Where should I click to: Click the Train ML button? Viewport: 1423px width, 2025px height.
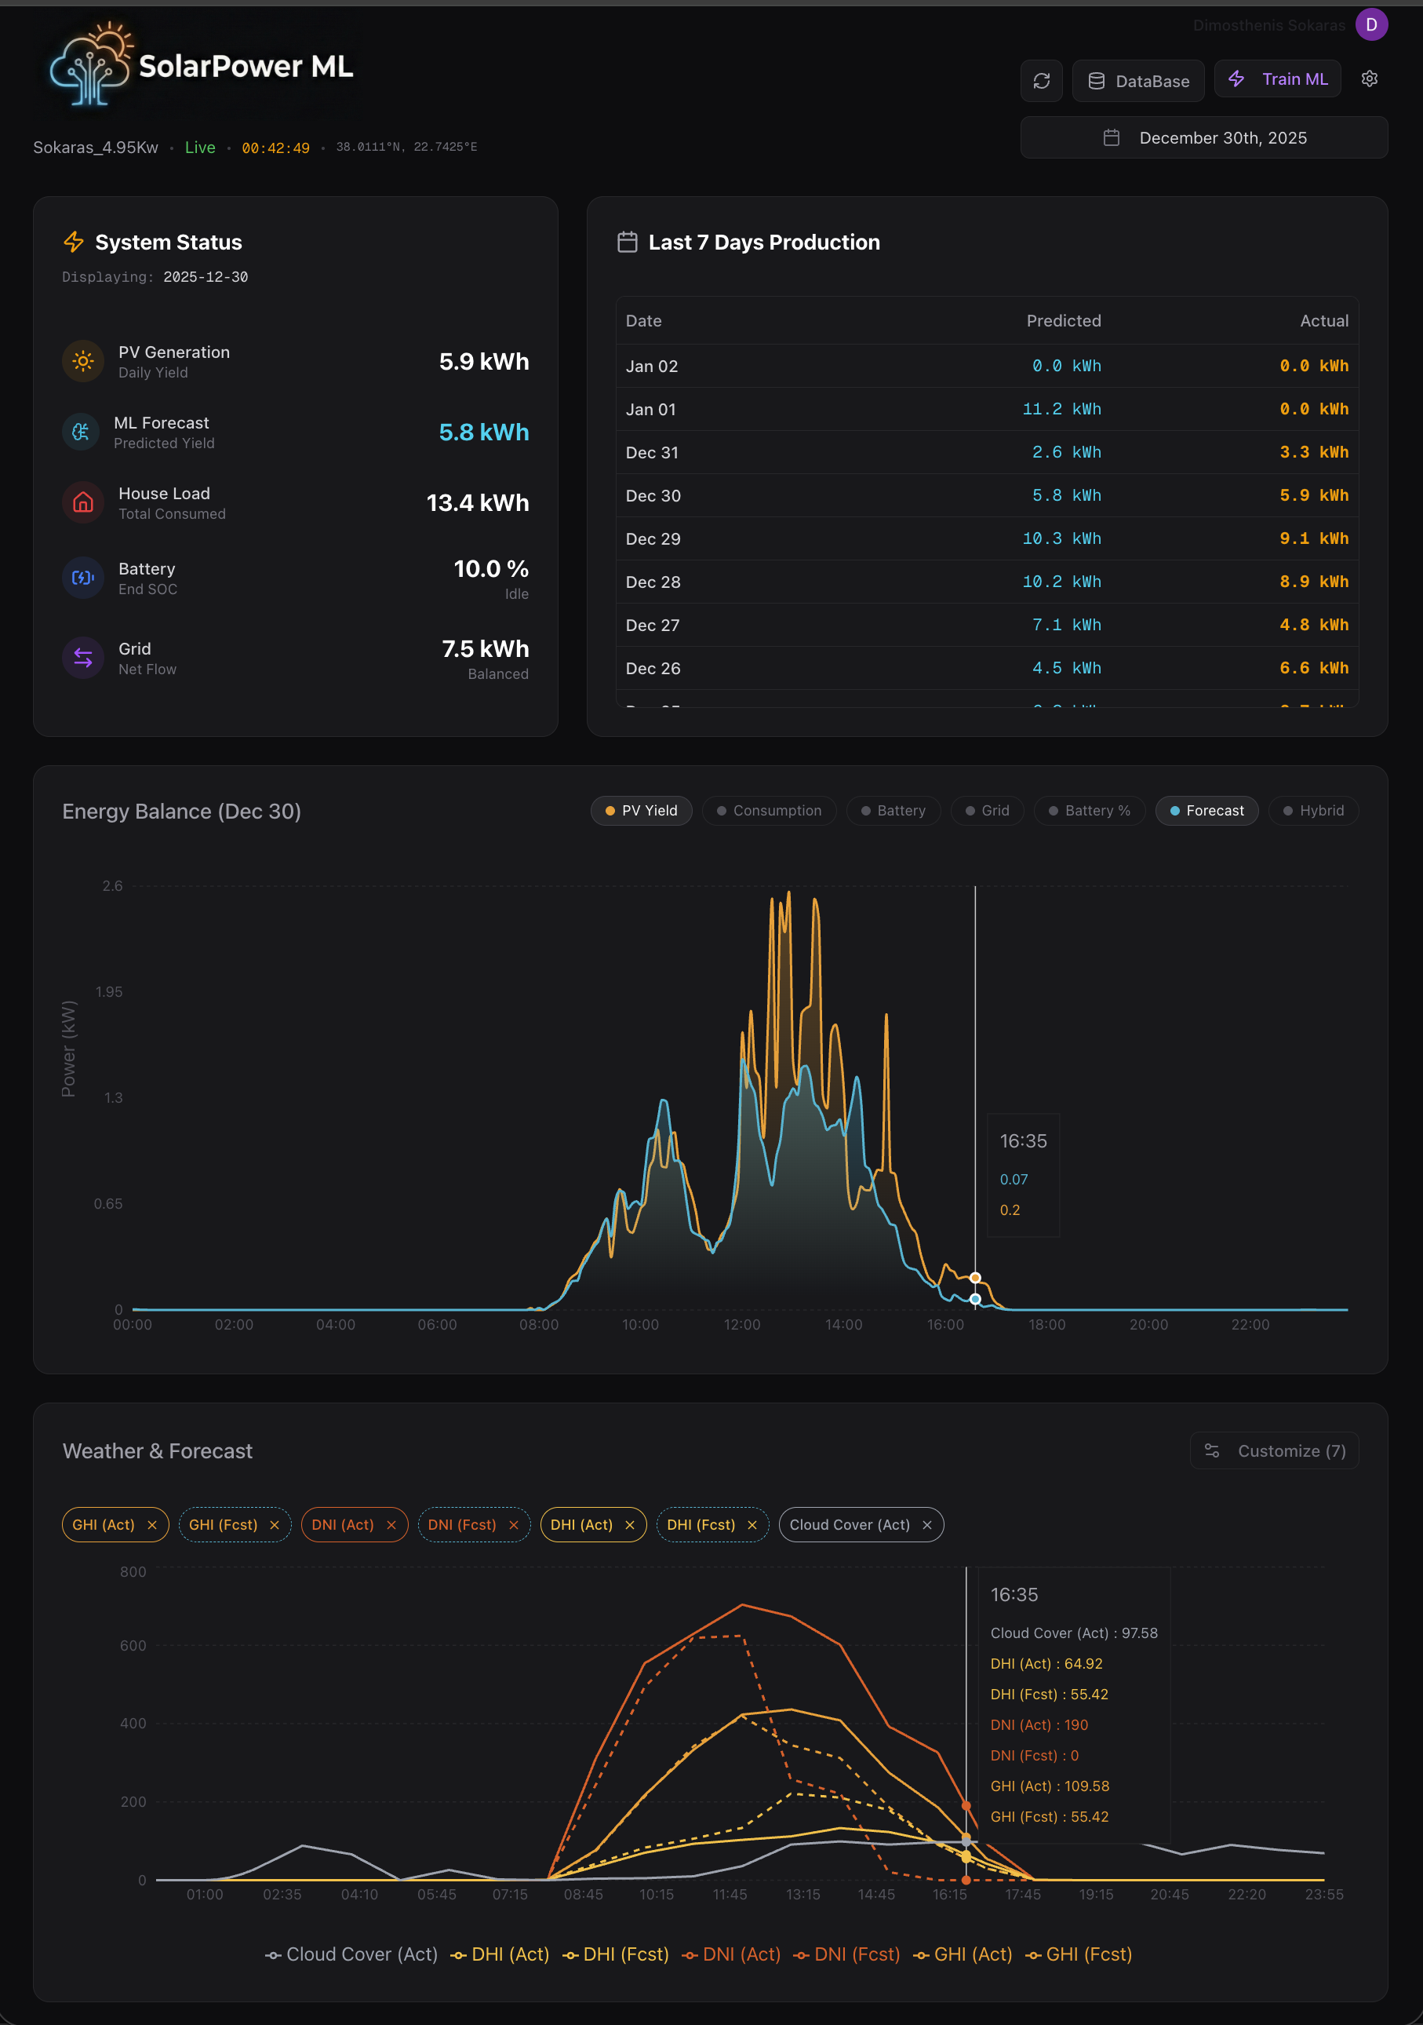1278,79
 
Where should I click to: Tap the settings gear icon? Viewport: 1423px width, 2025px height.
1368,79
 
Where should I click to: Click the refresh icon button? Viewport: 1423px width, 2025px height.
1041,81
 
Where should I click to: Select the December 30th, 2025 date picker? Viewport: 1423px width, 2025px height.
1203,137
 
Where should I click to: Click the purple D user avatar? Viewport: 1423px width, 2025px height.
1371,24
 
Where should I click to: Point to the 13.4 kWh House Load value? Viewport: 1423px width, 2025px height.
477,503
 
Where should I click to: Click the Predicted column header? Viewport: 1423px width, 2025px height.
1063,321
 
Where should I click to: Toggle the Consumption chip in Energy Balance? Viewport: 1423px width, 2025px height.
769,811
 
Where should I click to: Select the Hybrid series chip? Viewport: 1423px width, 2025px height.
1313,811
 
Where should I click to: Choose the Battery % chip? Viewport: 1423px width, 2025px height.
1089,811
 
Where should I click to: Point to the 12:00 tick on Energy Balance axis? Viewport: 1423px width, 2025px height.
741,1325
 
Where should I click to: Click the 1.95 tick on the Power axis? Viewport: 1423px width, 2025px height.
109,992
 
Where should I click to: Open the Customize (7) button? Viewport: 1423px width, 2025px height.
1274,1450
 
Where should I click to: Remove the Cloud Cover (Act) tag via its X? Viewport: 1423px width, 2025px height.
926,1525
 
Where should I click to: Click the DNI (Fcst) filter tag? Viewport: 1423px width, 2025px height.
462,1525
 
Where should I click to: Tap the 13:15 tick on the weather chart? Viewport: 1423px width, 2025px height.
802,1895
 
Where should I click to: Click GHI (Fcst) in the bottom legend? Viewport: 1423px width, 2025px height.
1079,1954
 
